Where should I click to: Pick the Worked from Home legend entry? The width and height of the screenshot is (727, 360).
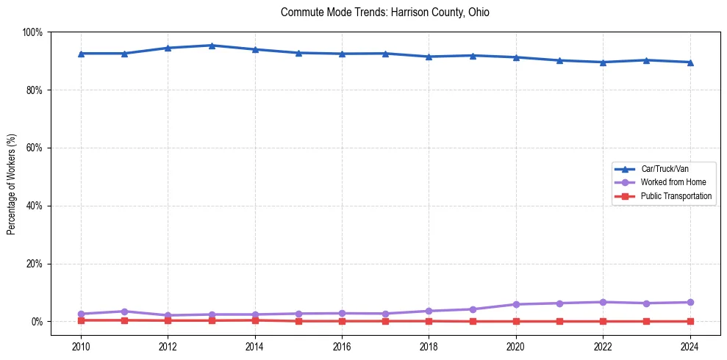[670, 182]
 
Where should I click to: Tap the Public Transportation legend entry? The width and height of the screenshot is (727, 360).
[676, 196]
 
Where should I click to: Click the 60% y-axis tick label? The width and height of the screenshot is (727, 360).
[35, 148]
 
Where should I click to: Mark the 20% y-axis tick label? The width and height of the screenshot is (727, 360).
[35, 264]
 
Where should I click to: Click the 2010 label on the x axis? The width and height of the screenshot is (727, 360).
[81, 347]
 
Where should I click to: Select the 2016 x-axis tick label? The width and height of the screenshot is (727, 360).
[342, 347]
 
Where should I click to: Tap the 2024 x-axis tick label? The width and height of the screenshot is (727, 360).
[690, 347]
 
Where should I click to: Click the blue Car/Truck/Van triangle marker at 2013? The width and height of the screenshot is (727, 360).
[212, 46]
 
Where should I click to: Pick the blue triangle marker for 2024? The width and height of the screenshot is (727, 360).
[690, 62]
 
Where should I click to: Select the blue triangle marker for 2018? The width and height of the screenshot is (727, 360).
[429, 57]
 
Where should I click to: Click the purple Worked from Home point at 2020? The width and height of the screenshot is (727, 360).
[516, 304]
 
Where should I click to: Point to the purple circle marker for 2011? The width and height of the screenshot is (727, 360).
[124, 312]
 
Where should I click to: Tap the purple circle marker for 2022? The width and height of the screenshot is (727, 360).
[603, 302]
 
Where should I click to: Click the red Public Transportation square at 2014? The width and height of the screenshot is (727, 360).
[255, 320]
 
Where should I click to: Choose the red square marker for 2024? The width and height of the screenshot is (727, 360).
[690, 321]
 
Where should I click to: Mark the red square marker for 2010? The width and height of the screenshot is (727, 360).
[81, 320]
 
